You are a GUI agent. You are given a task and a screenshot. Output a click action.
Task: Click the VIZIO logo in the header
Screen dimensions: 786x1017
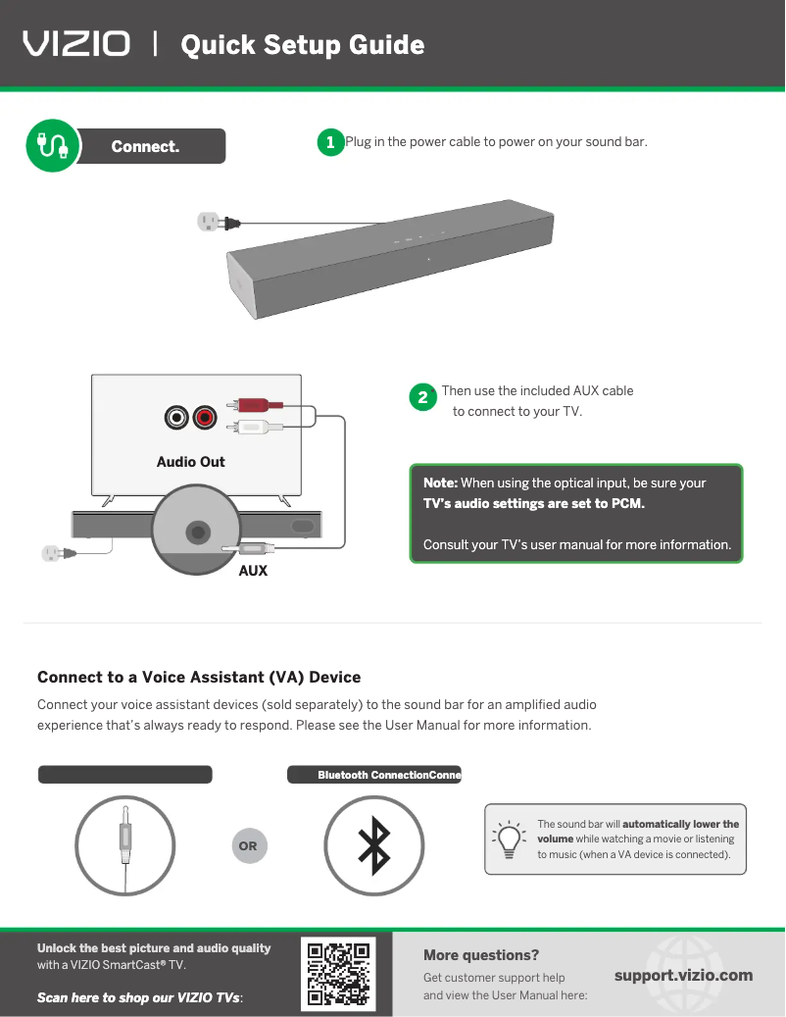point(76,44)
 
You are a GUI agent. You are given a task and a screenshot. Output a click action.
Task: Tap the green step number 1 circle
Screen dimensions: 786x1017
point(330,142)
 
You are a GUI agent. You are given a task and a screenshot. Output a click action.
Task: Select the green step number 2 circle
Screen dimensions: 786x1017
point(423,397)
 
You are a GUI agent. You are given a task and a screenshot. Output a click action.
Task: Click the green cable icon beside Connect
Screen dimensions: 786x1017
point(53,145)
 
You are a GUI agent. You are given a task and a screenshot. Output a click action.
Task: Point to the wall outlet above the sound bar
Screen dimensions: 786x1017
point(208,222)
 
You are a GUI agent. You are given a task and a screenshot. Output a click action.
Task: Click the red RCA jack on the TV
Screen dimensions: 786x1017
point(205,417)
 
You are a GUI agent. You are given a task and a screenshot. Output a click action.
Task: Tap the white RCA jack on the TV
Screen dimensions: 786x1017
point(176,417)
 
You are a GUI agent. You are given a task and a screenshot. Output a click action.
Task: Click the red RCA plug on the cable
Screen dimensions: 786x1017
point(256,405)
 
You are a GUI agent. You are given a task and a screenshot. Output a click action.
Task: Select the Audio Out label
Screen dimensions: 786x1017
point(190,462)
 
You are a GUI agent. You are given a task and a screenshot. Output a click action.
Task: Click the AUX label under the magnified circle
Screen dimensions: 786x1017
point(253,571)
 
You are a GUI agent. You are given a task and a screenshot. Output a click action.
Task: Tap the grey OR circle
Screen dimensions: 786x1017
point(249,845)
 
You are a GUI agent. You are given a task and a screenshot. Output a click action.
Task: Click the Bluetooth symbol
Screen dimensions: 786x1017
point(373,845)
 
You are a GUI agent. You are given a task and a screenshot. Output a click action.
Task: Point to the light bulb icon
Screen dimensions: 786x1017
point(510,839)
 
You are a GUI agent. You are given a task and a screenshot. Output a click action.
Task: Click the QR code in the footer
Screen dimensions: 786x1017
point(338,974)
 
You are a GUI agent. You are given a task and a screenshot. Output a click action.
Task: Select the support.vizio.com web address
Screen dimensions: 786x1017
point(683,976)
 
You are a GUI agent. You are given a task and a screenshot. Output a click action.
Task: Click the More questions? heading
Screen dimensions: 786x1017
point(481,955)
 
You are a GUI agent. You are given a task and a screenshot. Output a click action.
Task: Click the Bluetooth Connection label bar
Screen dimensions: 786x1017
point(374,775)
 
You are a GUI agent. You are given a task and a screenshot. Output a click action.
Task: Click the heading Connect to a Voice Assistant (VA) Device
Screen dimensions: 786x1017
point(199,677)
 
